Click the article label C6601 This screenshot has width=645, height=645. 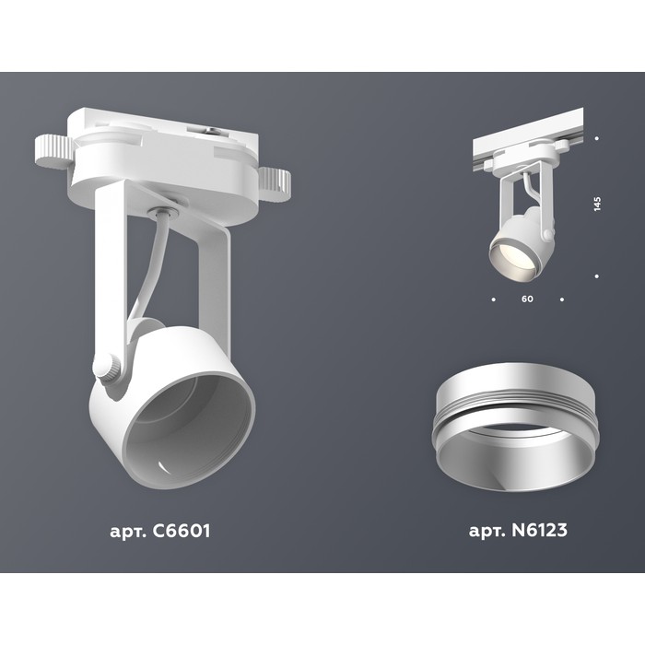click(x=159, y=531)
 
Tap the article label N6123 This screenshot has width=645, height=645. click(x=518, y=530)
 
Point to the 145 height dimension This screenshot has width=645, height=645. click(x=597, y=204)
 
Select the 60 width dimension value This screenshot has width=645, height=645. click(x=527, y=299)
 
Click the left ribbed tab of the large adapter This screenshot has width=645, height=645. click(x=53, y=151)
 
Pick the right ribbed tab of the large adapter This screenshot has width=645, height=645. click(x=275, y=184)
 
